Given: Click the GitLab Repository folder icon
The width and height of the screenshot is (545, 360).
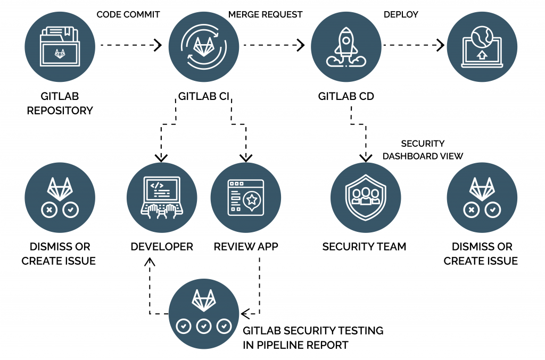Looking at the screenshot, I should point(60,46).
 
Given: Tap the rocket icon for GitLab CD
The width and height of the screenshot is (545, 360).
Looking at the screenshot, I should point(346,46).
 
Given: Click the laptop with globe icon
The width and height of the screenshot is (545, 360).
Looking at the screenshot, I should point(482,46).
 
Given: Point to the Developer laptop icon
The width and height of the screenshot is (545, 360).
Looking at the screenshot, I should point(162,197).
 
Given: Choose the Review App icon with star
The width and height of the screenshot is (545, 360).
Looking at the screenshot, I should point(245,197).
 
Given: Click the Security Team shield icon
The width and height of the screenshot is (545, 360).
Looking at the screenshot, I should point(365,197).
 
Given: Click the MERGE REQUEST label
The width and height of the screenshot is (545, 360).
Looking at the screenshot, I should point(265,14).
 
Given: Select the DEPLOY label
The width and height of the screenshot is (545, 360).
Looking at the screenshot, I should point(401,14).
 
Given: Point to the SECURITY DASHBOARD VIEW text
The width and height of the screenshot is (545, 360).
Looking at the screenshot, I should point(423,150).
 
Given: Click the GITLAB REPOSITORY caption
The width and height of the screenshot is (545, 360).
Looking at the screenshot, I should point(60,104).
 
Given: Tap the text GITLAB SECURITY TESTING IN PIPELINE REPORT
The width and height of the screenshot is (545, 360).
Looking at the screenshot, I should point(312,338).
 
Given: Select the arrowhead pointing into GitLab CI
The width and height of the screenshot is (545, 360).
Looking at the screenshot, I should point(159,45).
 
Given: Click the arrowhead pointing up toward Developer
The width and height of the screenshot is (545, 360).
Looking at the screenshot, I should point(150,261).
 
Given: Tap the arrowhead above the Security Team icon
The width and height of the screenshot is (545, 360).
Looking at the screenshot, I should point(365,157).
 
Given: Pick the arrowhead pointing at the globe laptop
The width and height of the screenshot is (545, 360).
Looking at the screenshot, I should point(441,45).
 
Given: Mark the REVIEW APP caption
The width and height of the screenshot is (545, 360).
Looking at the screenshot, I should point(246,247).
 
